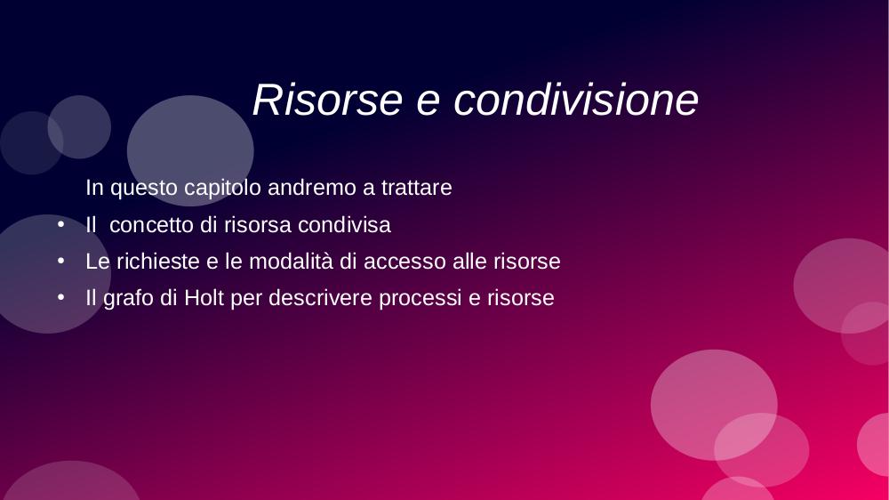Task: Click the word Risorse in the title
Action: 327,100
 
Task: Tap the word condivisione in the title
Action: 576,100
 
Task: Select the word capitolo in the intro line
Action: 223,188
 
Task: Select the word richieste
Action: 158,262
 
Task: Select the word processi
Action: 420,298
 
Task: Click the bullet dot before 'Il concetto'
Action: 61,224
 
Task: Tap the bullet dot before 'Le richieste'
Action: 61,261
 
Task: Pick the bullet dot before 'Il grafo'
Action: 61,297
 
